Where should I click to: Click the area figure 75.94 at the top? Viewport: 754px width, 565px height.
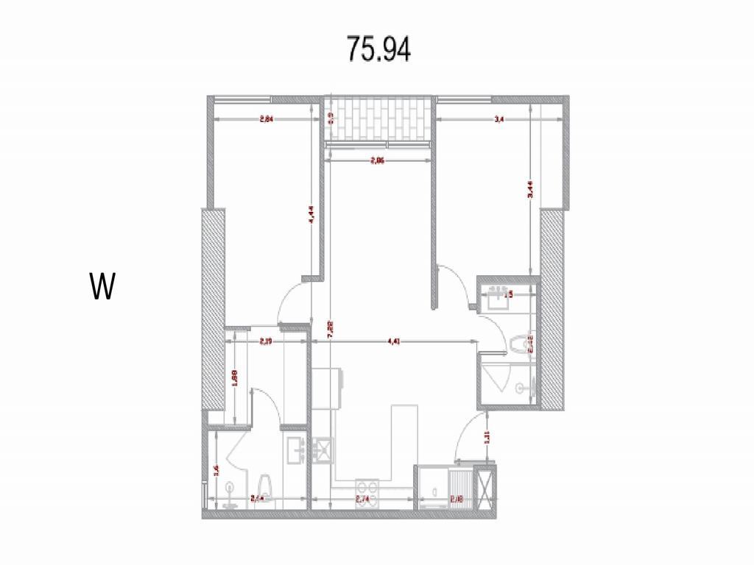click(378, 49)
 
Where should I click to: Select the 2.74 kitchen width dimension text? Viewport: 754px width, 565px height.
click(362, 499)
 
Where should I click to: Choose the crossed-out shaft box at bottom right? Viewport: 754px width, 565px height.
click(485, 488)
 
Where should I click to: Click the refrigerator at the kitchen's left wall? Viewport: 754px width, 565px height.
click(328, 387)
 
